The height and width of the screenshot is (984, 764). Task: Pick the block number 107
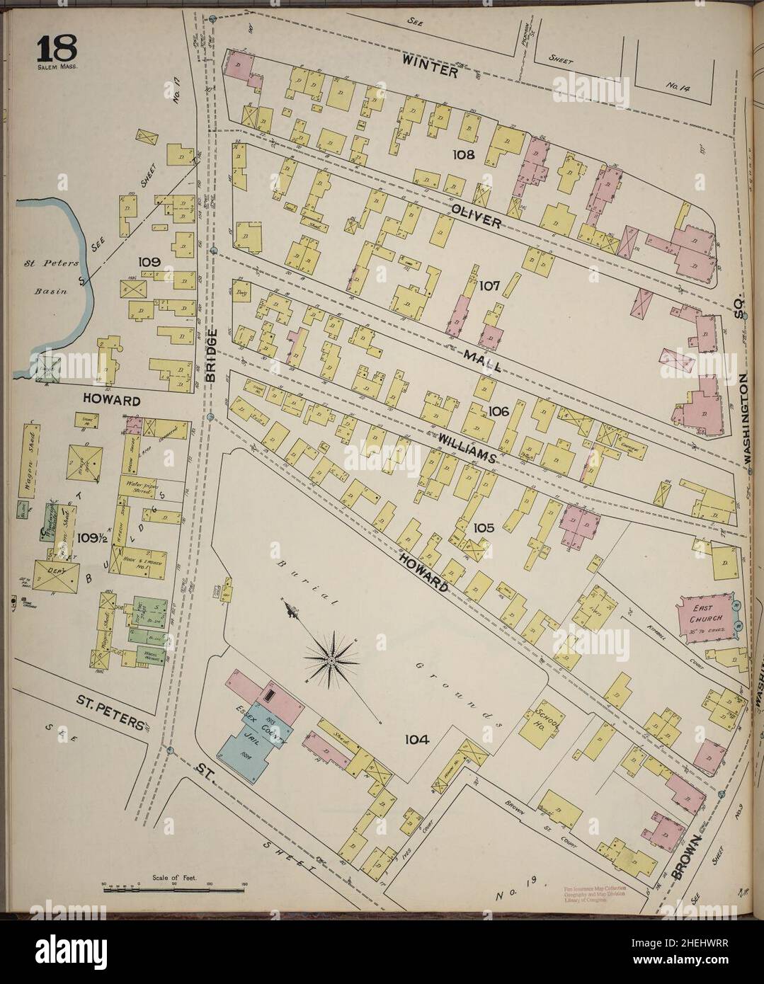489,287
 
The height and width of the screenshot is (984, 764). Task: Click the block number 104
417,740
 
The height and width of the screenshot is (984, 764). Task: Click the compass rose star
331,661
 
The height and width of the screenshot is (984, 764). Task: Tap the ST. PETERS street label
113,704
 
